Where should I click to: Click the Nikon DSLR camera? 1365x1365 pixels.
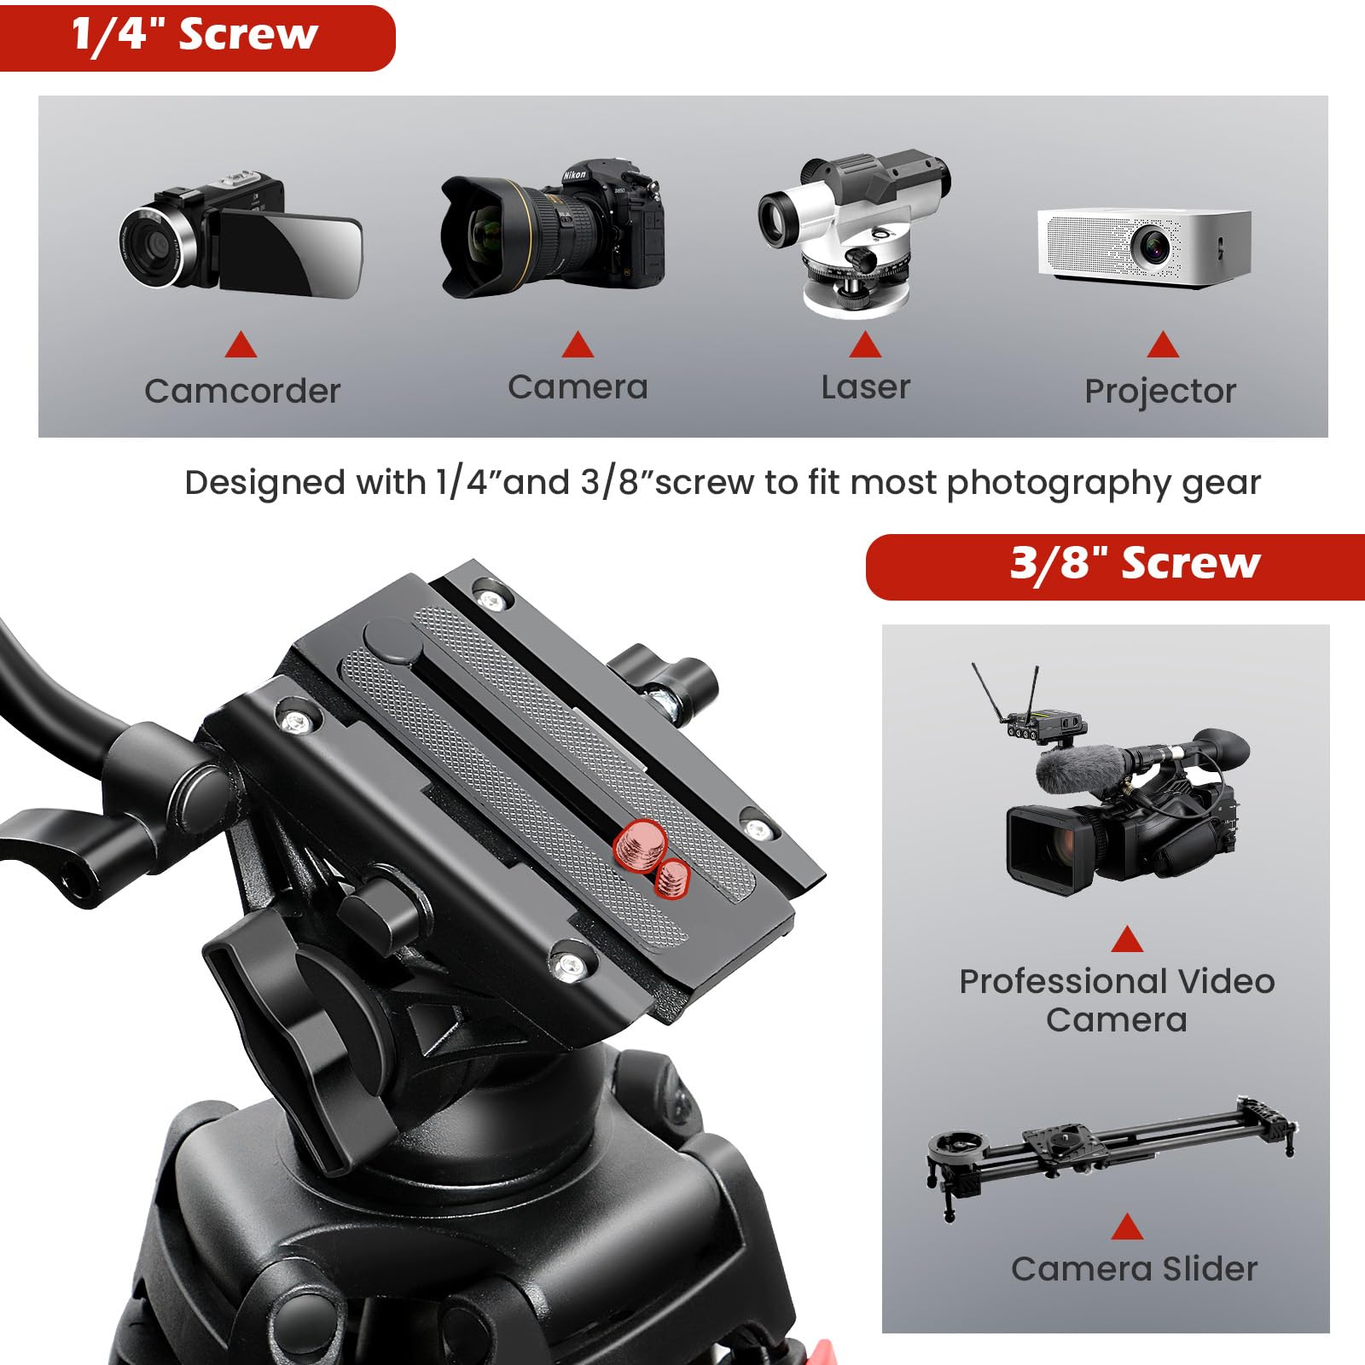(x=553, y=229)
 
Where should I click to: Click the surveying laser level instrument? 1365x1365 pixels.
(x=856, y=232)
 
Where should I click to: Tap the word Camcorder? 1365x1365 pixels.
(x=242, y=392)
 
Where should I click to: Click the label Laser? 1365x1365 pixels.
(x=865, y=387)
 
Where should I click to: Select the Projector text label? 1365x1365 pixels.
(x=1160, y=392)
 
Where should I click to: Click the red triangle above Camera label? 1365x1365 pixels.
(x=578, y=346)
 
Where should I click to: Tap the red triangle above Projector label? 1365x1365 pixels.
(x=1163, y=346)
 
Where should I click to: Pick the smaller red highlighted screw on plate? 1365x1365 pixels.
(x=673, y=879)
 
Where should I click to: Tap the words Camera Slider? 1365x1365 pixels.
(x=1134, y=1269)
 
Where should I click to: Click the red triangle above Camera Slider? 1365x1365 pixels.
(x=1127, y=1228)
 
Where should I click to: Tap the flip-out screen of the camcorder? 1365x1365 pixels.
(x=290, y=253)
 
